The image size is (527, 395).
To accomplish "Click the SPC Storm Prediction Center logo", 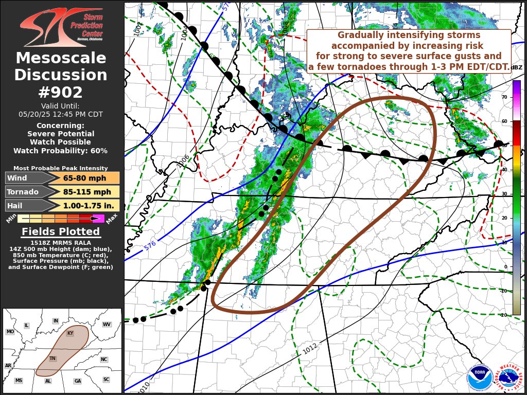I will coord(61,27).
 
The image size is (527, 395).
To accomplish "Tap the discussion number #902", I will coord(61,92).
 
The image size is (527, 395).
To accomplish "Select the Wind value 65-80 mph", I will coord(85,178).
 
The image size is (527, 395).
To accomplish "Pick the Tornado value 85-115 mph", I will coord(85,192).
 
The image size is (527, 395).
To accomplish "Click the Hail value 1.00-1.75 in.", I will coord(85,206).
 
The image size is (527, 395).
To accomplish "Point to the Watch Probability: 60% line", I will coord(61,151).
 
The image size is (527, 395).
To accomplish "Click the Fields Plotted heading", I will coord(61,231).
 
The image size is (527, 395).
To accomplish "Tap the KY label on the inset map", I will coord(70,333).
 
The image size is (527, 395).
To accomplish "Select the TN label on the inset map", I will coord(52,358).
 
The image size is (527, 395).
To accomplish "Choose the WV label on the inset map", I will coord(107,325).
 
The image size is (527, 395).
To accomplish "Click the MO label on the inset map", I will coord(10,332).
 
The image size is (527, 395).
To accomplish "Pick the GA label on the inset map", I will coord(77,381).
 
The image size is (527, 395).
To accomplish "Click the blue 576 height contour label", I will coord(150,245).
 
